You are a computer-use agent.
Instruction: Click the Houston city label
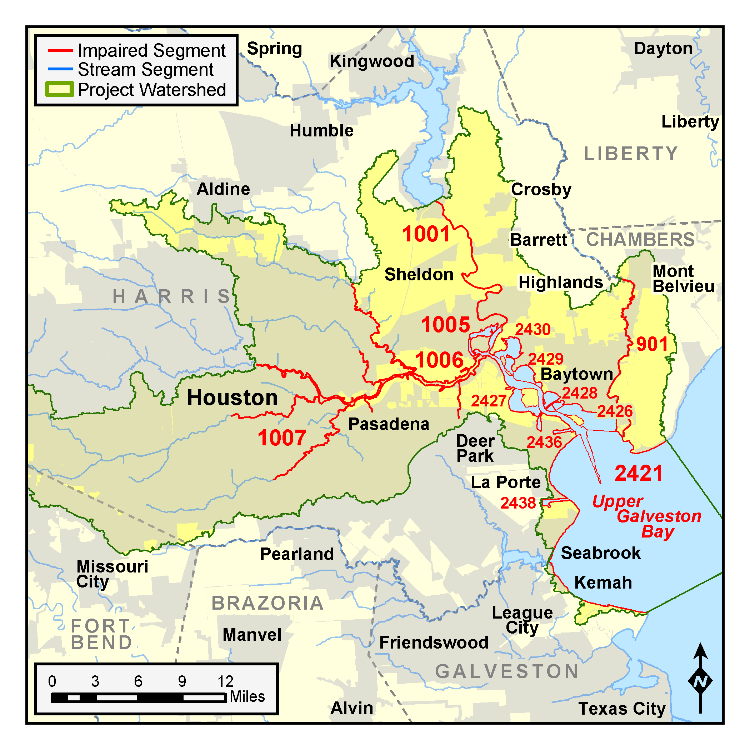[x=232, y=397]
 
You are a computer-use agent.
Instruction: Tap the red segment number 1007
[x=282, y=438]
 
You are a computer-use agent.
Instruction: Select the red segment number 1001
[x=426, y=234]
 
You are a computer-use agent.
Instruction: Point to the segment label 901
[x=652, y=344]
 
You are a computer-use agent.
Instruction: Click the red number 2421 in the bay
[x=639, y=473]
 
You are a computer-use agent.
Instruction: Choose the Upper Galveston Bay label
[x=647, y=516]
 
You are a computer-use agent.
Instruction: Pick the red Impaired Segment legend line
[x=60, y=50]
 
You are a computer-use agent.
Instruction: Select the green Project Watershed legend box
[x=59, y=89]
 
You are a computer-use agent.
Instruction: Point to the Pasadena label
[x=389, y=424]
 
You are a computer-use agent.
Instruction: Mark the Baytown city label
[x=577, y=374]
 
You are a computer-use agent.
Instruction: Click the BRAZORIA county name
[x=267, y=603]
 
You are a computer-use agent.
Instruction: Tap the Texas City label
[x=622, y=709]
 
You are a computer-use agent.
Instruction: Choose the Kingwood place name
[x=372, y=61]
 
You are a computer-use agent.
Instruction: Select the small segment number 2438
[x=518, y=503]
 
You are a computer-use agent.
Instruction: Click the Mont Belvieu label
[x=683, y=279]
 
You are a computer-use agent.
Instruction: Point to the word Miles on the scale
[x=247, y=696]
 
